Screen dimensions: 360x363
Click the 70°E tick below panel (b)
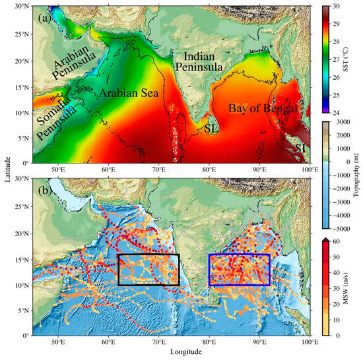(158, 342)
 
